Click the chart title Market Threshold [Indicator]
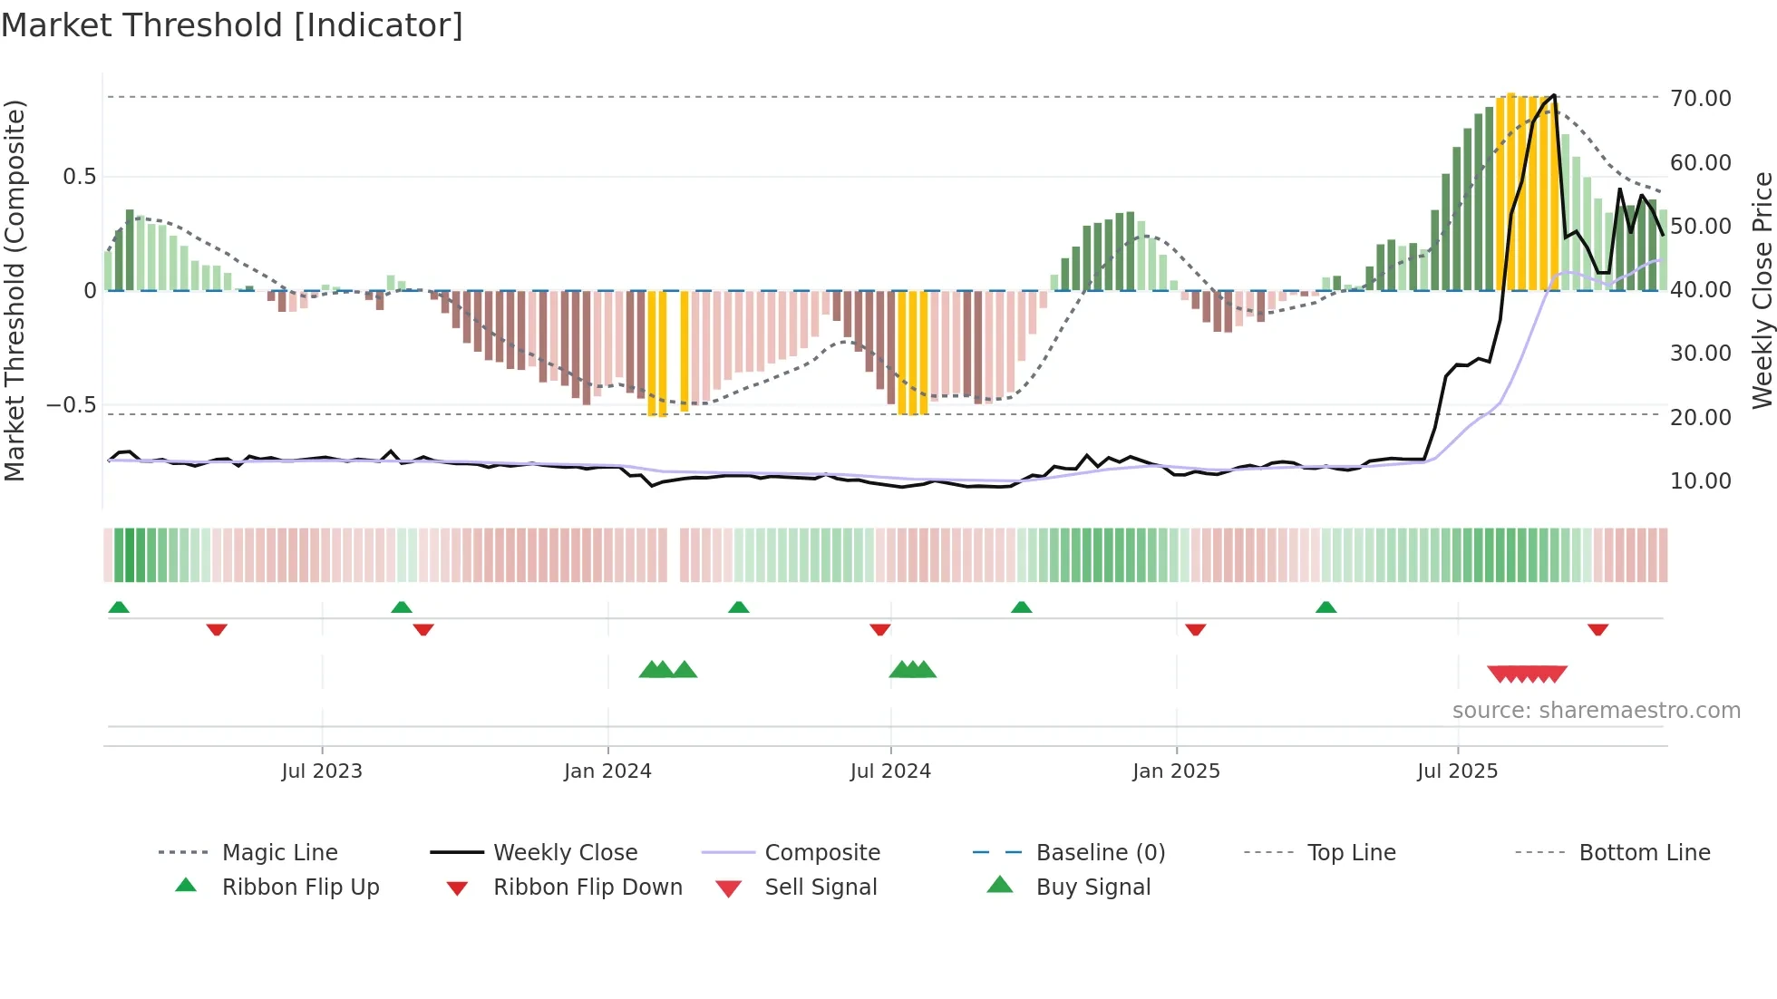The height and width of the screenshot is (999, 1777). tap(232, 25)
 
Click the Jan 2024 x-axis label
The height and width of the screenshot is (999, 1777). tap(607, 771)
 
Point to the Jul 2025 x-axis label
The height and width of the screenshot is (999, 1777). tap(1457, 771)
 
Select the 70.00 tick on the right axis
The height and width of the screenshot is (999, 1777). tap(1700, 98)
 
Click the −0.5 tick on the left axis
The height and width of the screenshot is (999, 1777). tap(71, 405)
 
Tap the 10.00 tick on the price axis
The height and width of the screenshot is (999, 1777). tap(1700, 481)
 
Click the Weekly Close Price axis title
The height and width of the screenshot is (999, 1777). tap(1761, 290)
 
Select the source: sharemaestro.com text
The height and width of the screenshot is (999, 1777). tap(1596, 710)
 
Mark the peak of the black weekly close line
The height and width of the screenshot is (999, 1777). tap(1554, 95)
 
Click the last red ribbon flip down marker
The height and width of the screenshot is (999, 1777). tap(1597, 629)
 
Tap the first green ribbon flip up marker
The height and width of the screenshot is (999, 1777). tap(119, 607)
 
